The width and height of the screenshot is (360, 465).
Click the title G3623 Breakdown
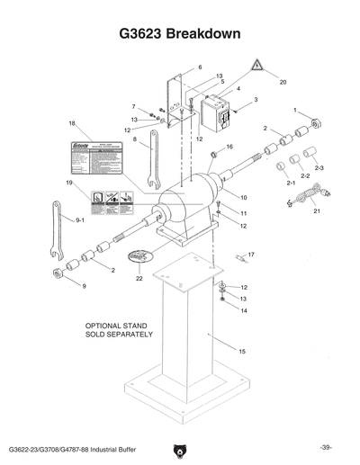point(179,33)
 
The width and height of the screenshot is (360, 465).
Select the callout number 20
point(283,82)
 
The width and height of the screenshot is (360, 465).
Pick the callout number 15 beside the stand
point(242,350)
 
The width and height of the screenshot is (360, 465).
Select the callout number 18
point(71,123)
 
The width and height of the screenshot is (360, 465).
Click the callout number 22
point(139,279)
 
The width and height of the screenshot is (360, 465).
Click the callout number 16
point(230,147)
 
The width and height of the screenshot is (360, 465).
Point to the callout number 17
point(251,255)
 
